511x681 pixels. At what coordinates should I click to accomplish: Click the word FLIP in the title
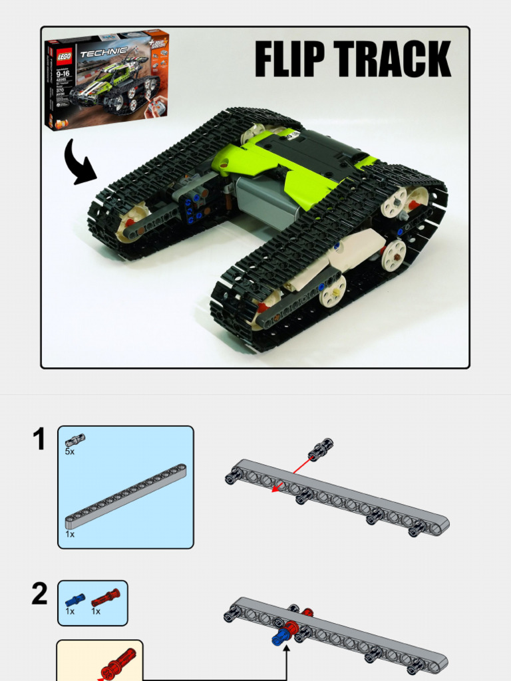[291, 60]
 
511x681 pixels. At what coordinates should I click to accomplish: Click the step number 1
[40, 440]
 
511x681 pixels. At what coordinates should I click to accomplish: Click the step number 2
[40, 594]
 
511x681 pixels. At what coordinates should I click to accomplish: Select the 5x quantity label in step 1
[70, 452]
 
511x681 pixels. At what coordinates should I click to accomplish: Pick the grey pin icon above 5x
[75, 440]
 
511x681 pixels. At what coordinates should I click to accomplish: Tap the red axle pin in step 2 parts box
[105, 597]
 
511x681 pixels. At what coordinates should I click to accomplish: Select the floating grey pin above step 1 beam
[321, 449]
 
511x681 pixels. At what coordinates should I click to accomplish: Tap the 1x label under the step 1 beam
[70, 534]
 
